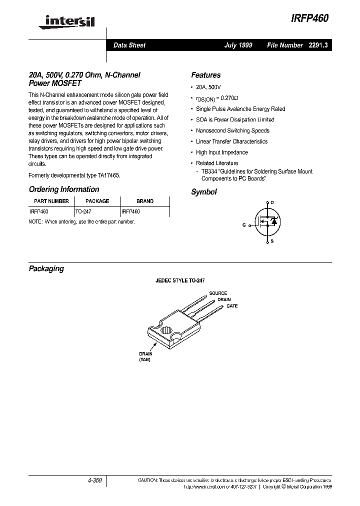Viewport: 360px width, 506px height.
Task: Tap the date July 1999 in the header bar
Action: tap(238, 45)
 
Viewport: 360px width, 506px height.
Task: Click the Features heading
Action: tap(205, 75)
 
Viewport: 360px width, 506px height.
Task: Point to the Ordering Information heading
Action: tap(64, 189)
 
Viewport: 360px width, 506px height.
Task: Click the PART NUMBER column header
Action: tap(51, 201)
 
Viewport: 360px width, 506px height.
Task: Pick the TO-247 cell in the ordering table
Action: tap(83, 212)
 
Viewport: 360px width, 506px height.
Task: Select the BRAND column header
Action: tap(145, 201)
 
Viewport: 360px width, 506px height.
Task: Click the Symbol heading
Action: tap(204, 192)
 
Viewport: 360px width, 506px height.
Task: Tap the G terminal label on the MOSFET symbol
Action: tap(244, 225)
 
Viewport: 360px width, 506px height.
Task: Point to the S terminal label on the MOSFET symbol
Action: tap(271, 241)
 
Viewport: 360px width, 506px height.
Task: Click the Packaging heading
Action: tap(46, 268)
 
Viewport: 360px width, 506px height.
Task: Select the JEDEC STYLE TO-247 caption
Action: tap(179, 281)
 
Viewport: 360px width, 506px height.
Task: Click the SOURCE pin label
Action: tap(218, 293)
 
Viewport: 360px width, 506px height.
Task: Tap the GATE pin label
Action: tap(231, 305)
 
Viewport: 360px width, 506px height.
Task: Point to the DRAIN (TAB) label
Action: tap(145, 356)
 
